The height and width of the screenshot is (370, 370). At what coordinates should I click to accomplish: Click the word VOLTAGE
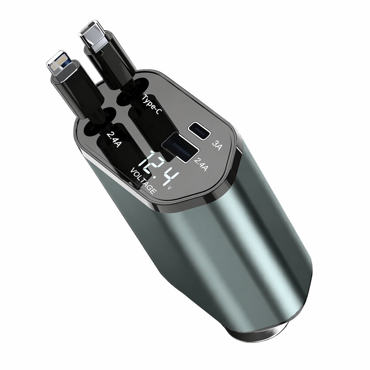tap(143, 181)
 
